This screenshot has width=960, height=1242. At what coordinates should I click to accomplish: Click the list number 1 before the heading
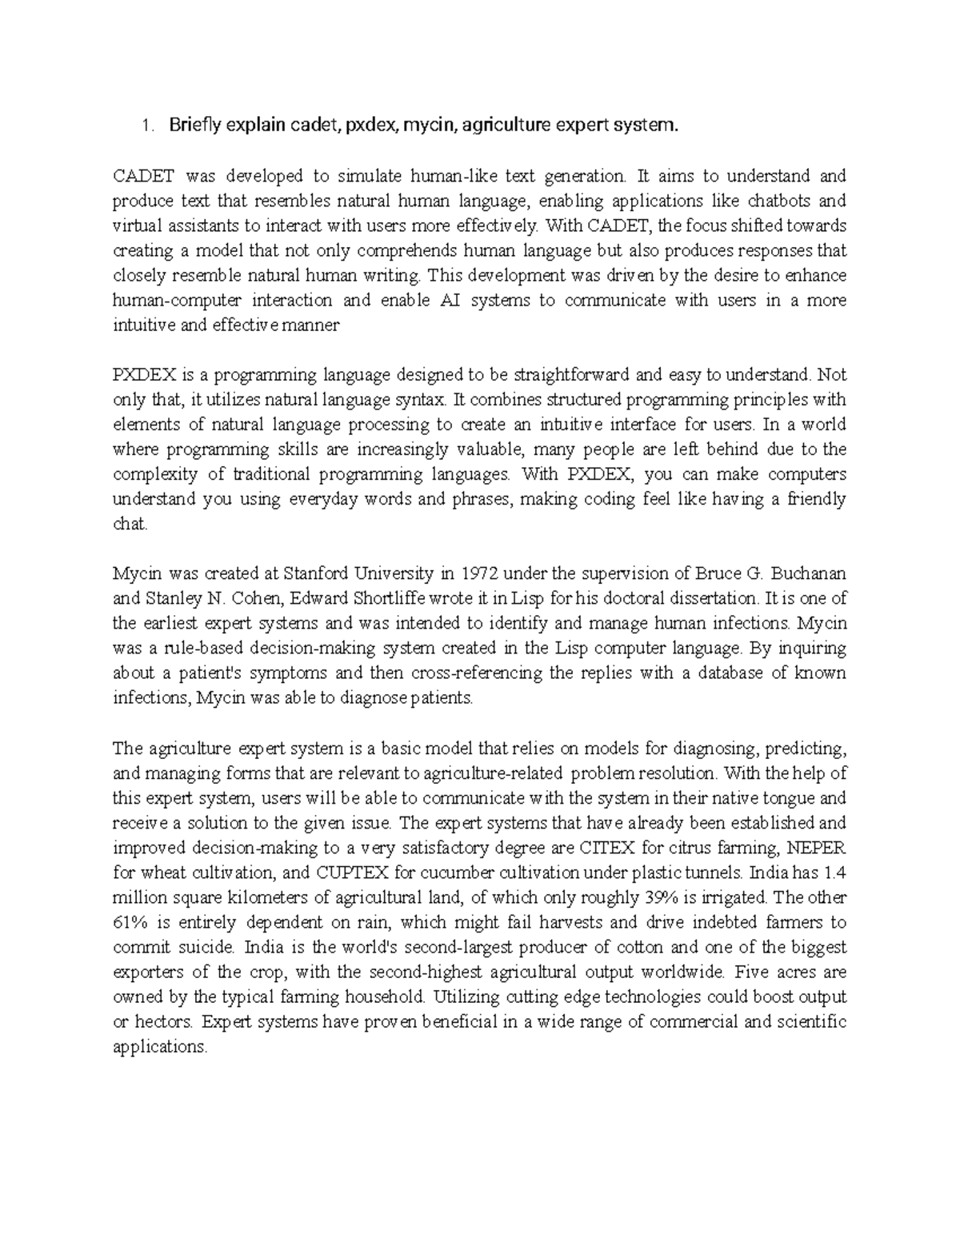(x=144, y=126)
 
